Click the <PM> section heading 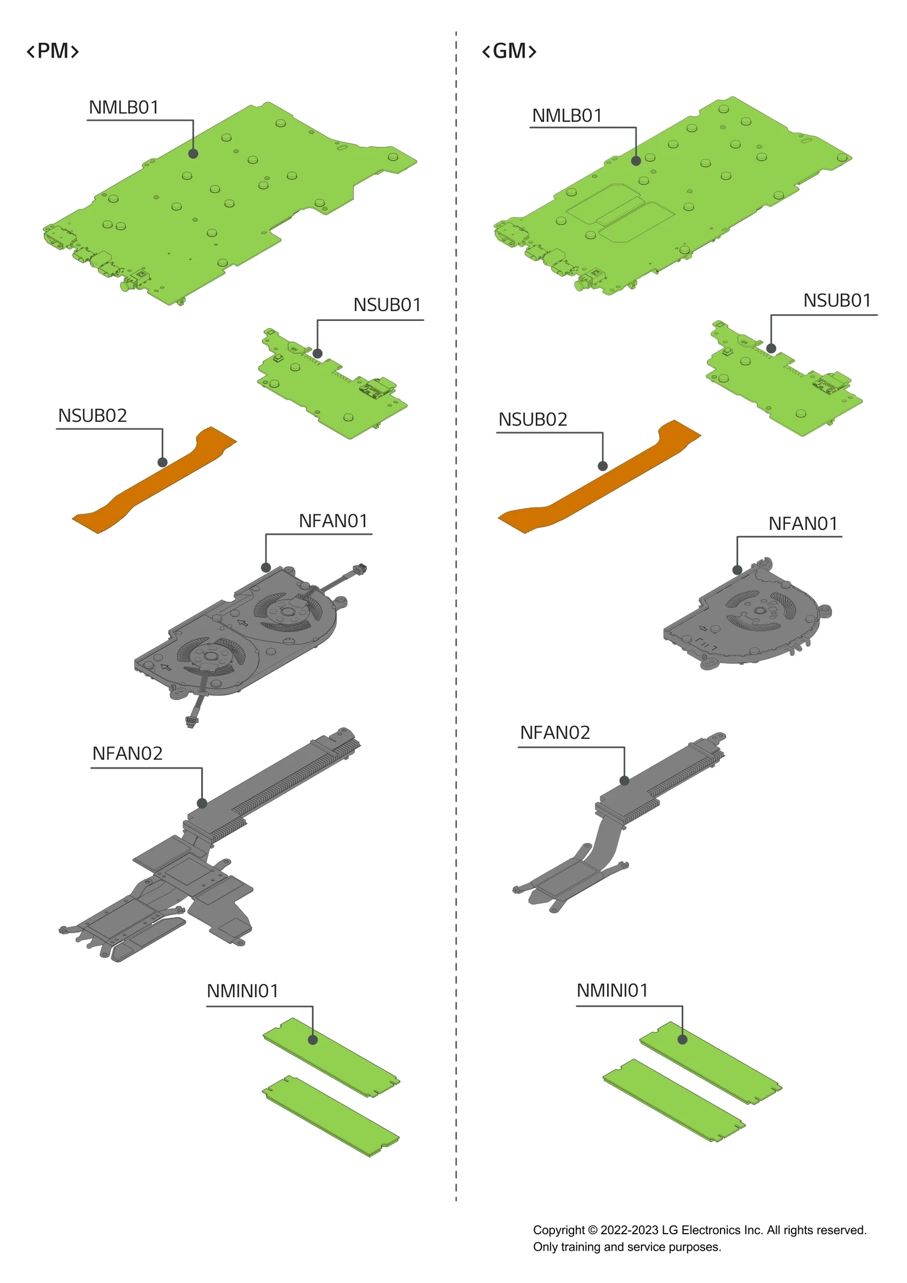click(53, 51)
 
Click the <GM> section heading click(508, 51)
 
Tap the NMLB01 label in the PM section click(124, 107)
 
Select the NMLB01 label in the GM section click(566, 116)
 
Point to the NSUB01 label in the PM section click(387, 305)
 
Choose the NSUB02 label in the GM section click(532, 420)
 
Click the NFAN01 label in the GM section click(803, 524)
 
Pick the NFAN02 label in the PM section click(127, 753)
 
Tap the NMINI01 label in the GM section click(612, 990)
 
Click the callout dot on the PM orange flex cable click(163, 462)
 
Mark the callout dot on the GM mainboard click(636, 161)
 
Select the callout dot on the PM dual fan click(266, 568)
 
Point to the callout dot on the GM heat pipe click(624, 781)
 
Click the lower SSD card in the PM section click(332, 1115)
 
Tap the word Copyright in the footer click(558, 1230)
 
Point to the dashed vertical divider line click(456, 680)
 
